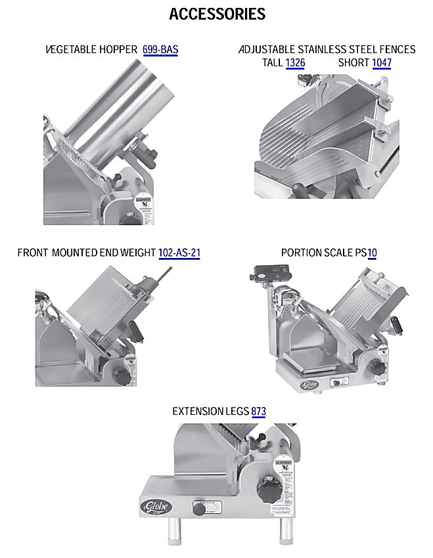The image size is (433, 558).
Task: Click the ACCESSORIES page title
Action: (217, 14)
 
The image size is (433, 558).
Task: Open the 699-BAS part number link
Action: (160, 49)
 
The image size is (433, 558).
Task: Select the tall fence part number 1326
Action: (295, 62)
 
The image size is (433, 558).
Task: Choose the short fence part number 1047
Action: (382, 62)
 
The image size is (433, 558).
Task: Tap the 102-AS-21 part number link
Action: (179, 253)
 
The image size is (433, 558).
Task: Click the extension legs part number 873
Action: (258, 412)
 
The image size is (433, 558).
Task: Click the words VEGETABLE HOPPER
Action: (91, 49)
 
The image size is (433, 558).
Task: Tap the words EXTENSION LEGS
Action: (210, 412)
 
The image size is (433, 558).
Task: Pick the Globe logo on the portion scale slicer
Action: (308, 385)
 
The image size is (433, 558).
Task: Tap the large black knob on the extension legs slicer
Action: (269, 491)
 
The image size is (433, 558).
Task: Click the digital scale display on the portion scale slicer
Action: (273, 273)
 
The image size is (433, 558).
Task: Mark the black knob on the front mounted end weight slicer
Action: (120, 376)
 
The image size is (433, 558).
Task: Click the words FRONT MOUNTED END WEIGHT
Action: (87, 253)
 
